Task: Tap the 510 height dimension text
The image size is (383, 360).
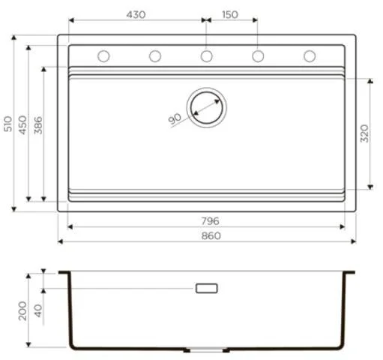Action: (x=7, y=124)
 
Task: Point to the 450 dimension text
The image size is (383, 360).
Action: (x=23, y=124)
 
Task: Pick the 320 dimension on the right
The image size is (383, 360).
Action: (x=364, y=133)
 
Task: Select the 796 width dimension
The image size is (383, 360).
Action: (x=210, y=220)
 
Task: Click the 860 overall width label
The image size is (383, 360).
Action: (x=211, y=235)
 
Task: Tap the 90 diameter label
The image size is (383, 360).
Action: (x=175, y=118)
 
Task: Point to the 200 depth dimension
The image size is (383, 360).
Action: (x=23, y=309)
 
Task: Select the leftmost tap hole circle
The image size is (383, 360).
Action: (x=104, y=55)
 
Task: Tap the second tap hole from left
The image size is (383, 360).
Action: (x=155, y=55)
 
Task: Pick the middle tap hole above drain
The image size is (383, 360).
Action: (x=206, y=55)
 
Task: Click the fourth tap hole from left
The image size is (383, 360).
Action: (x=258, y=55)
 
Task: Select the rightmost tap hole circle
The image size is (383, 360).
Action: (x=309, y=55)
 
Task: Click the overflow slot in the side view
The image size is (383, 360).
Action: (x=206, y=288)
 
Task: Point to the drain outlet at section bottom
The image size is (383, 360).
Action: (x=206, y=350)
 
